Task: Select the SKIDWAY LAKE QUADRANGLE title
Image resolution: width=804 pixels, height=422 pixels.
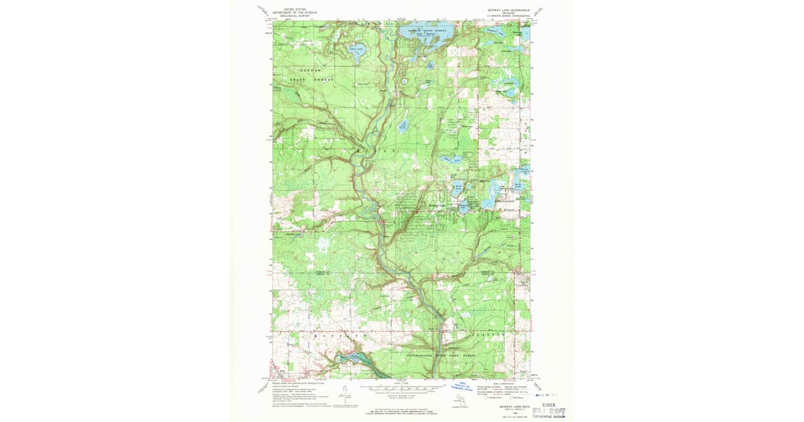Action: (505, 10)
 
